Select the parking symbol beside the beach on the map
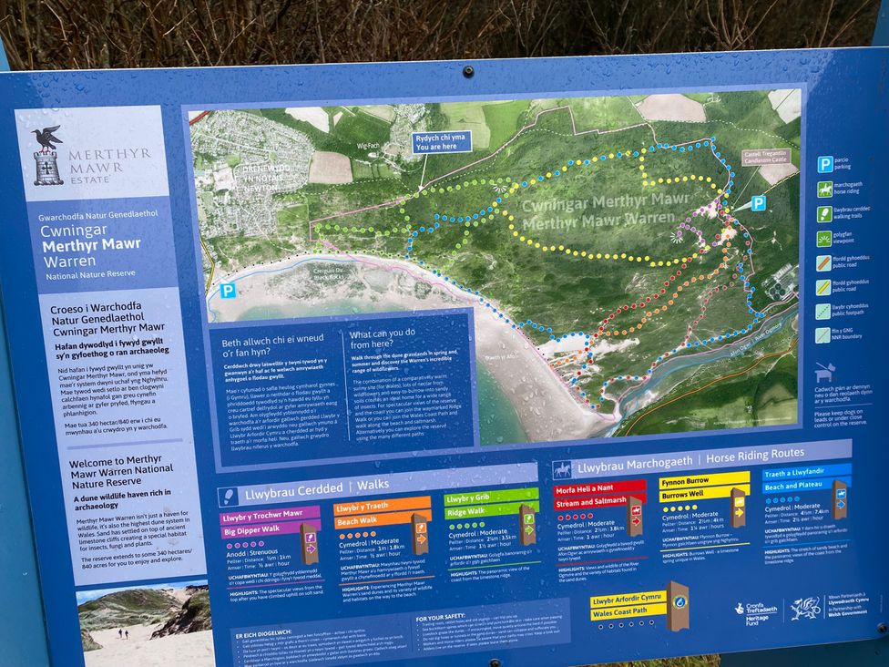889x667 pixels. pyautogui.click(x=227, y=291)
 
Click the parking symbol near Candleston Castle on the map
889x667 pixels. pyautogui.click(x=758, y=203)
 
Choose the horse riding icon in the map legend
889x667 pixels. pyautogui.click(x=824, y=190)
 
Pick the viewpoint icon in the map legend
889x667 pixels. pyautogui.click(x=824, y=239)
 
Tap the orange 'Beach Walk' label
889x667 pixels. pyautogui.click(x=363, y=522)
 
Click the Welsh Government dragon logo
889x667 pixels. pyautogui.click(x=805, y=607)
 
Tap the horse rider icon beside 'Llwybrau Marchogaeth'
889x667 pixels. pyautogui.click(x=563, y=471)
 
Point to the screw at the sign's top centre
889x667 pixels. pyautogui.click(x=467, y=71)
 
